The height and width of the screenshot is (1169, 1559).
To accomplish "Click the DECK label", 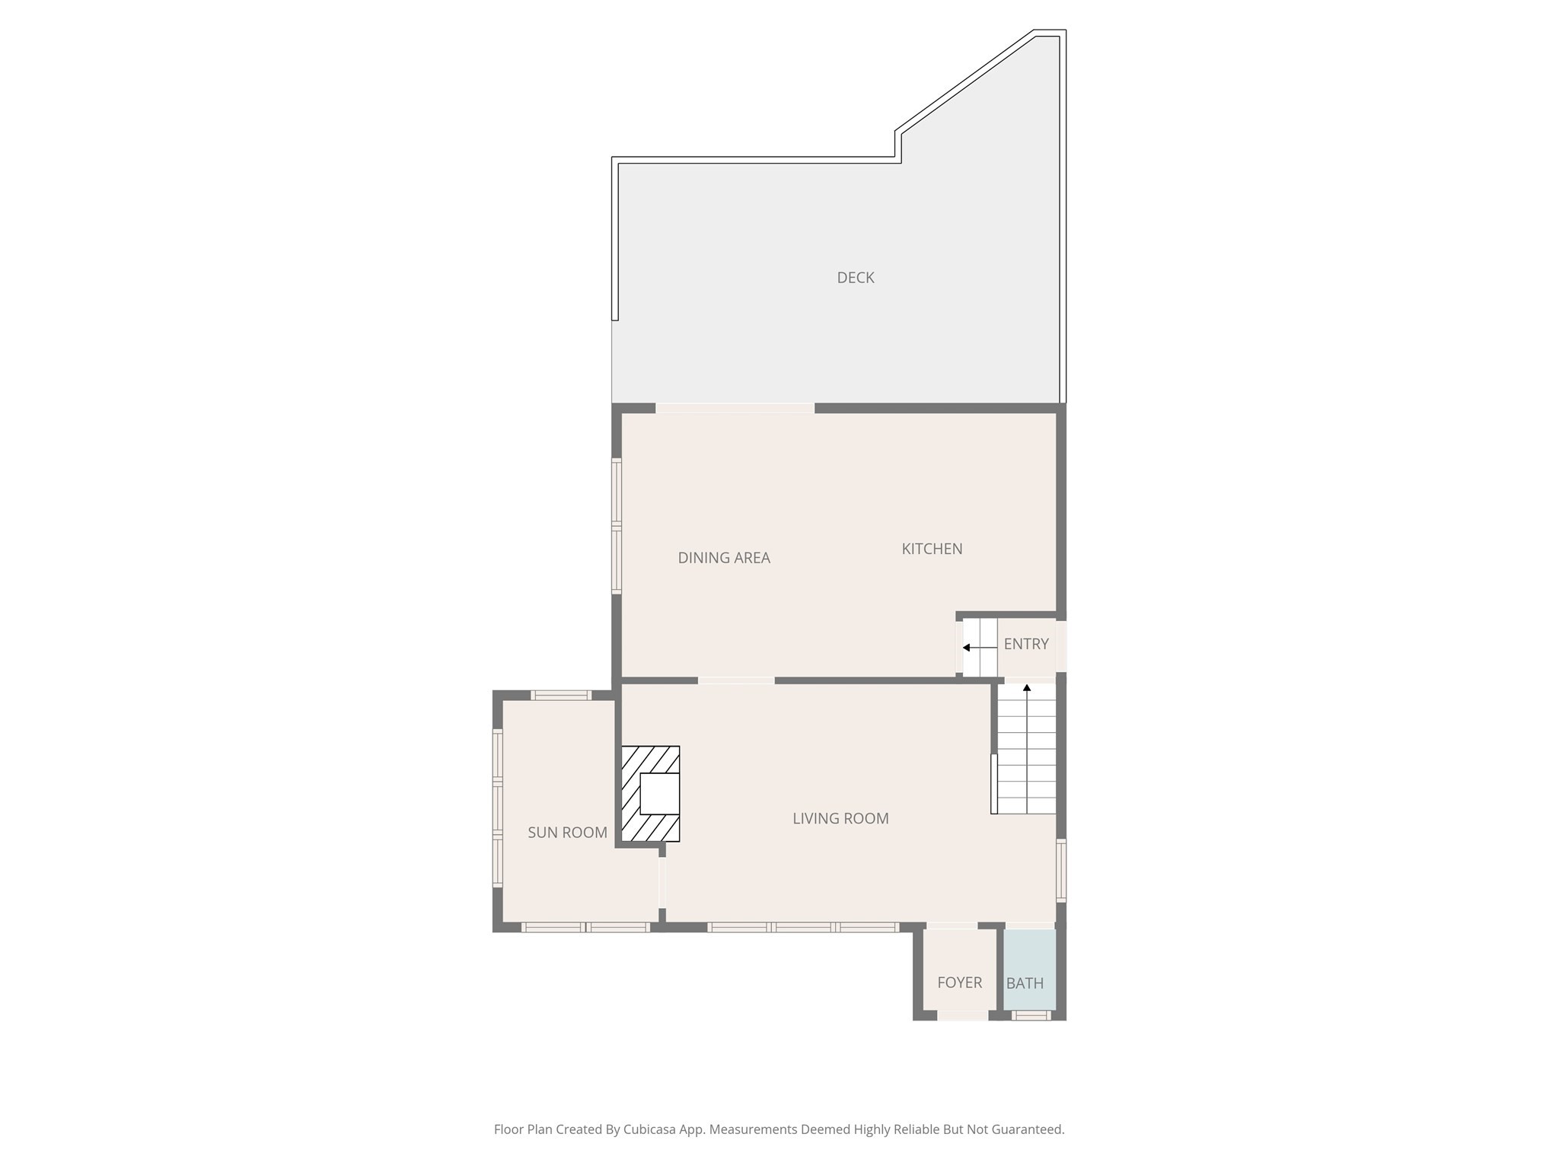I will click(855, 278).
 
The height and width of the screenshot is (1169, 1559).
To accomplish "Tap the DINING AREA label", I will click(724, 558).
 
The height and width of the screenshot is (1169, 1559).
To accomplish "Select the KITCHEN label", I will click(932, 549).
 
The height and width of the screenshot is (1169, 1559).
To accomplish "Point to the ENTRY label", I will click(1026, 644).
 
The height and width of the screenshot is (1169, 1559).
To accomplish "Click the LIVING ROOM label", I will click(840, 818).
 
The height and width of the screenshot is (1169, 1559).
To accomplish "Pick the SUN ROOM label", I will click(567, 833).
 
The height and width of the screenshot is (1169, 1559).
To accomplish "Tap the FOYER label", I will click(959, 983).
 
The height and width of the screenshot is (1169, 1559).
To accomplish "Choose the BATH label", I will click(1025, 983).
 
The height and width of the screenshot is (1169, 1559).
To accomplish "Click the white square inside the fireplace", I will click(659, 794).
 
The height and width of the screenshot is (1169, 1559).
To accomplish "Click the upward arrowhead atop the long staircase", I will click(1027, 688).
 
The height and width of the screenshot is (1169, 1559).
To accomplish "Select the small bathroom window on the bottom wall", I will click(1031, 1015).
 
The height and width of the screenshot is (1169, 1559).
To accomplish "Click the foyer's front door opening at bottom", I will click(962, 1015).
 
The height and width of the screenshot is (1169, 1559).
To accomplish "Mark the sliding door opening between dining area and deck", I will click(735, 409).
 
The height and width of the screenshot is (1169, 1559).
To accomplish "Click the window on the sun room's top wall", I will click(560, 695).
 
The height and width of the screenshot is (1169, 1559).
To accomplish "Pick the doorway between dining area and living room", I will click(736, 680).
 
